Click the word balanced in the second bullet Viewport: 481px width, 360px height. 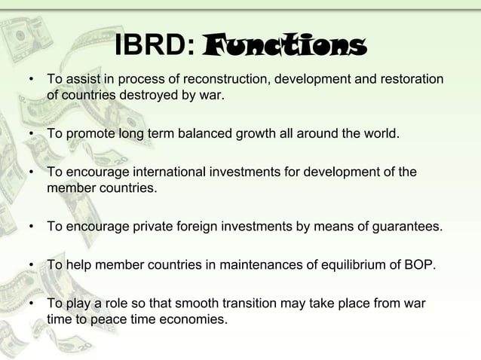pyautogui.click(x=201, y=135)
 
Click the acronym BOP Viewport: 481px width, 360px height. pyautogui.click(x=417, y=264)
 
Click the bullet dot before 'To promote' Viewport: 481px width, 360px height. pyautogui.click(x=31, y=136)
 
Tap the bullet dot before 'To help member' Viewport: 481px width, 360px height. pyautogui.click(x=31, y=265)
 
